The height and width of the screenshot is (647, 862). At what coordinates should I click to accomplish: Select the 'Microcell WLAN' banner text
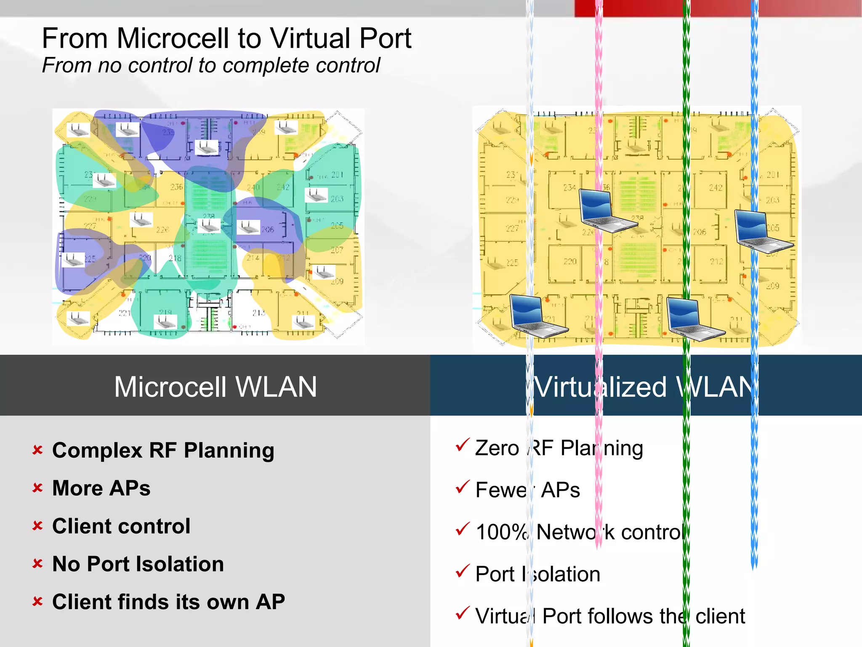[x=215, y=387]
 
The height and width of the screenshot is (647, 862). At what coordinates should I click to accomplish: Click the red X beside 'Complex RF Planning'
[x=38, y=450]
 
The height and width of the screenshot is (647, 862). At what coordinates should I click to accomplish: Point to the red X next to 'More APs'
[x=38, y=488]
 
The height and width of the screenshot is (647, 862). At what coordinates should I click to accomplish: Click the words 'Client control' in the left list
[x=121, y=526]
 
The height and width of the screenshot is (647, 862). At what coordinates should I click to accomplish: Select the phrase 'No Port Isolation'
[x=138, y=564]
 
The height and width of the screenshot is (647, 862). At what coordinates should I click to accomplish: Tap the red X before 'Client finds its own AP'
[x=38, y=602]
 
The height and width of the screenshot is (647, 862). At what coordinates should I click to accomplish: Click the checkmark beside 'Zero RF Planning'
[x=462, y=446]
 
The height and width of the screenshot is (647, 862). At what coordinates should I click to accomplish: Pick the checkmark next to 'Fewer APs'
[x=462, y=487]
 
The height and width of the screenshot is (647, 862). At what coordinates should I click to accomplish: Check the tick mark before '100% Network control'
[x=462, y=529]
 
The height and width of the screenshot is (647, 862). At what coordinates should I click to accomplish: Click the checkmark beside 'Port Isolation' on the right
[x=462, y=572]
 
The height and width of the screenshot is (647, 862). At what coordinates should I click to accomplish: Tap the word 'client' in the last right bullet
[x=720, y=616]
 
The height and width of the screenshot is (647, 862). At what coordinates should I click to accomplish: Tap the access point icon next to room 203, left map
[x=316, y=195]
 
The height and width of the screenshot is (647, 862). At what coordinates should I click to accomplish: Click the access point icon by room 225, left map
[x=73, y=260]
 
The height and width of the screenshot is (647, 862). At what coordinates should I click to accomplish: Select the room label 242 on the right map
[x=716, y=187]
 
